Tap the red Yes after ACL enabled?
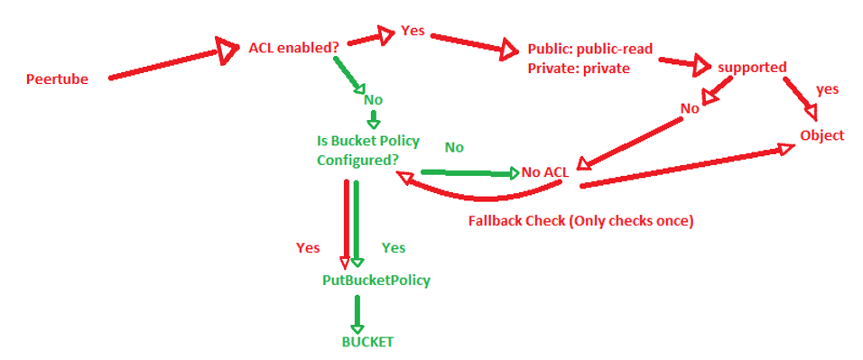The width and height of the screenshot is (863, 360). coord(413,30)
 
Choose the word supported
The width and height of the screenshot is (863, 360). coord(752,67)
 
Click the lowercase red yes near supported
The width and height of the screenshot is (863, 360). coord(827,89)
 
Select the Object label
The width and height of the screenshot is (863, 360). coord(821,135)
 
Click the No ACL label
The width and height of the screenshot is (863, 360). coord(544,171)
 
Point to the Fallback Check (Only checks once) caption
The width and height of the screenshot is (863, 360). coord(580,220)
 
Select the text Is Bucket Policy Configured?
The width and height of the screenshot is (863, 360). coord(367,150)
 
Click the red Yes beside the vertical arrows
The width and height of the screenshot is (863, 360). coord(308,247)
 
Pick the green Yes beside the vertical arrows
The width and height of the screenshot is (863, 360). coord(394,247)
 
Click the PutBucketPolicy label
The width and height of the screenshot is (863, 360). coord(376,280)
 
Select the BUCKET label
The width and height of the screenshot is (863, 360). coord(367,342)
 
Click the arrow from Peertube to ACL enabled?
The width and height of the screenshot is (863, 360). coord(167,62)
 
